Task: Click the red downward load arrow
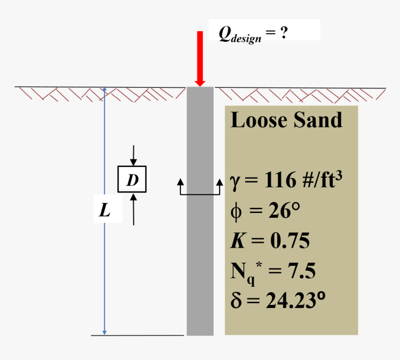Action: [200, 59]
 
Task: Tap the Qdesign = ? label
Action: [253, 34]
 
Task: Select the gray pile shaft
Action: [200, 211]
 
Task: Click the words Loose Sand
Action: [286, 120]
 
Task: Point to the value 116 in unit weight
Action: [280, 180]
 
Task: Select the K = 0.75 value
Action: [270, 240]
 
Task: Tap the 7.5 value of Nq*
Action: [301, 270]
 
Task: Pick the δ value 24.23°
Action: [295, 300]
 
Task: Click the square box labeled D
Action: [132, 179]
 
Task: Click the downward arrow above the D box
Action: [133, 156]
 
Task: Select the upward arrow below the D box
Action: [133, 209]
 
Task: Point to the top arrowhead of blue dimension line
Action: [104, 89]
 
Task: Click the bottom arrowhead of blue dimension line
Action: [104, 333]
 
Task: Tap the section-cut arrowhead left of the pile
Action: [180, 182]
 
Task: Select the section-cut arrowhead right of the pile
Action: [220, 182]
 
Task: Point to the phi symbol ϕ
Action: [236, 211]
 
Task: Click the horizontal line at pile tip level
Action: [137, 335]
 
